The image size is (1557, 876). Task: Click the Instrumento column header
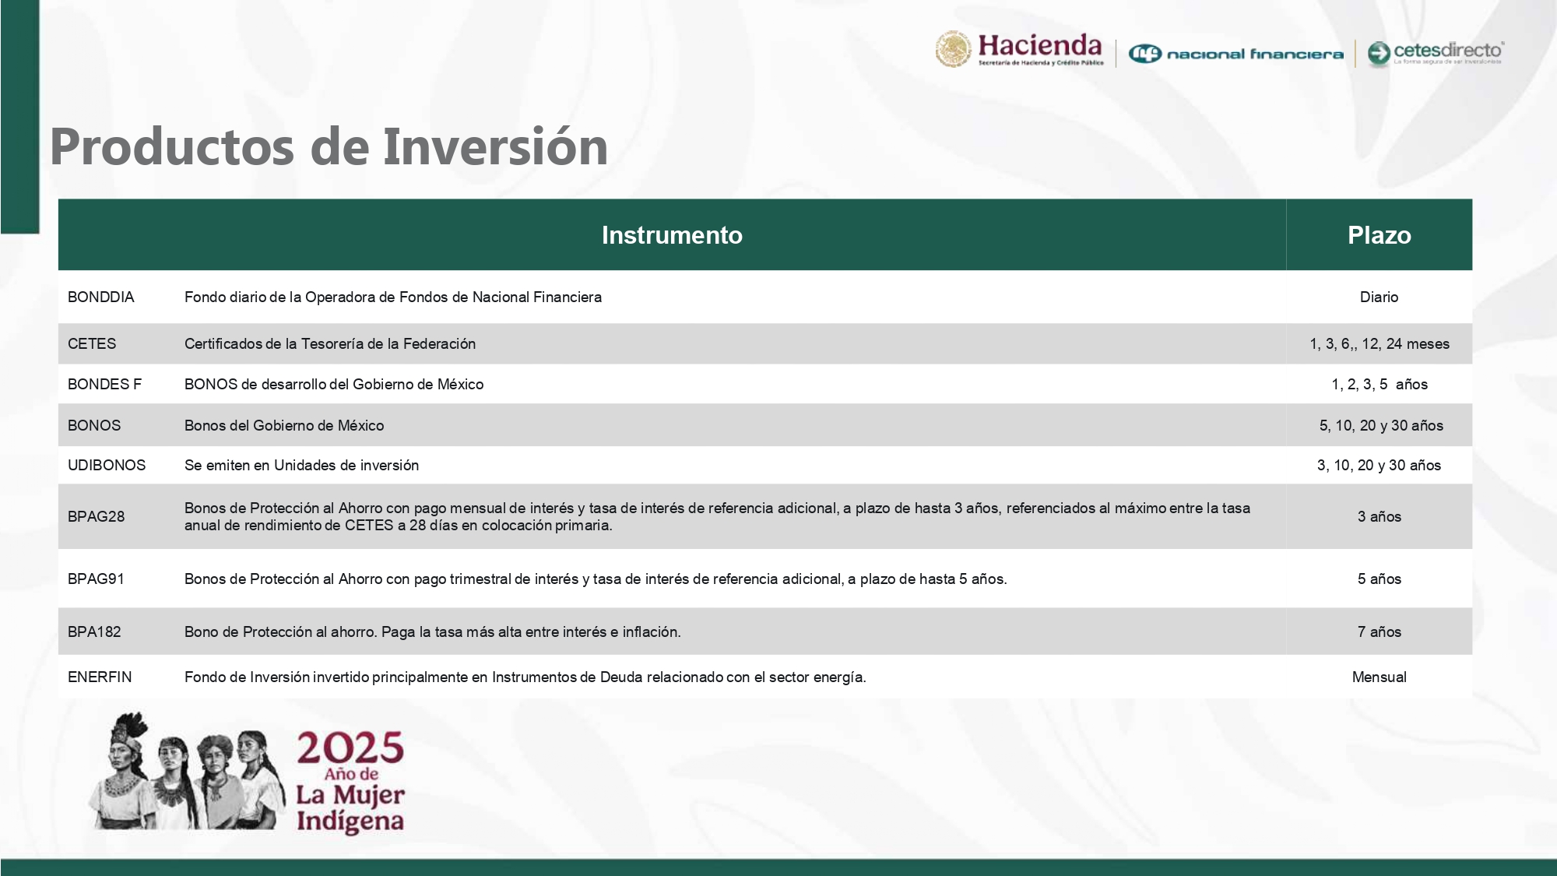[672, 235]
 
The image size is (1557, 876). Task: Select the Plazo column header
[1379, 235]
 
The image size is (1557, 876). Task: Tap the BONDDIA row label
[101, 297]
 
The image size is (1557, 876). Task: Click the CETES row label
[92, 344]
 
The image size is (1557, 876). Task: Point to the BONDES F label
[104, 385]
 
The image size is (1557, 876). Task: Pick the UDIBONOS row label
[107, 466]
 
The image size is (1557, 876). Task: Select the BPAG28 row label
[96, 517]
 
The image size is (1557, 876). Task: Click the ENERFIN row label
[100, 677]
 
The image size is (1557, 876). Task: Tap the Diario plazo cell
[1379, 297]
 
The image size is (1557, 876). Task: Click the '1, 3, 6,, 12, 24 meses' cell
[1379, 344]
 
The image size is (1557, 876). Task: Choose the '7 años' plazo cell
[1379, 632]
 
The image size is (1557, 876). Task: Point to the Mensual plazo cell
[1379, 677]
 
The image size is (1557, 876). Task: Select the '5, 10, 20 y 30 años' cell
[1380, 426]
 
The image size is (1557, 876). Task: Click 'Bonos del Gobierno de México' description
[284, 426]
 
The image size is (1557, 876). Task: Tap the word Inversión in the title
[495, 147]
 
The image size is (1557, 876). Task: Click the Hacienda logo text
[1039, 47]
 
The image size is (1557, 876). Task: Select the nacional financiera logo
[1236, 54]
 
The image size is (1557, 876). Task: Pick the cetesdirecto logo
[1436, 53]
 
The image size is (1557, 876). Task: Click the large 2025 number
[350, 748]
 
